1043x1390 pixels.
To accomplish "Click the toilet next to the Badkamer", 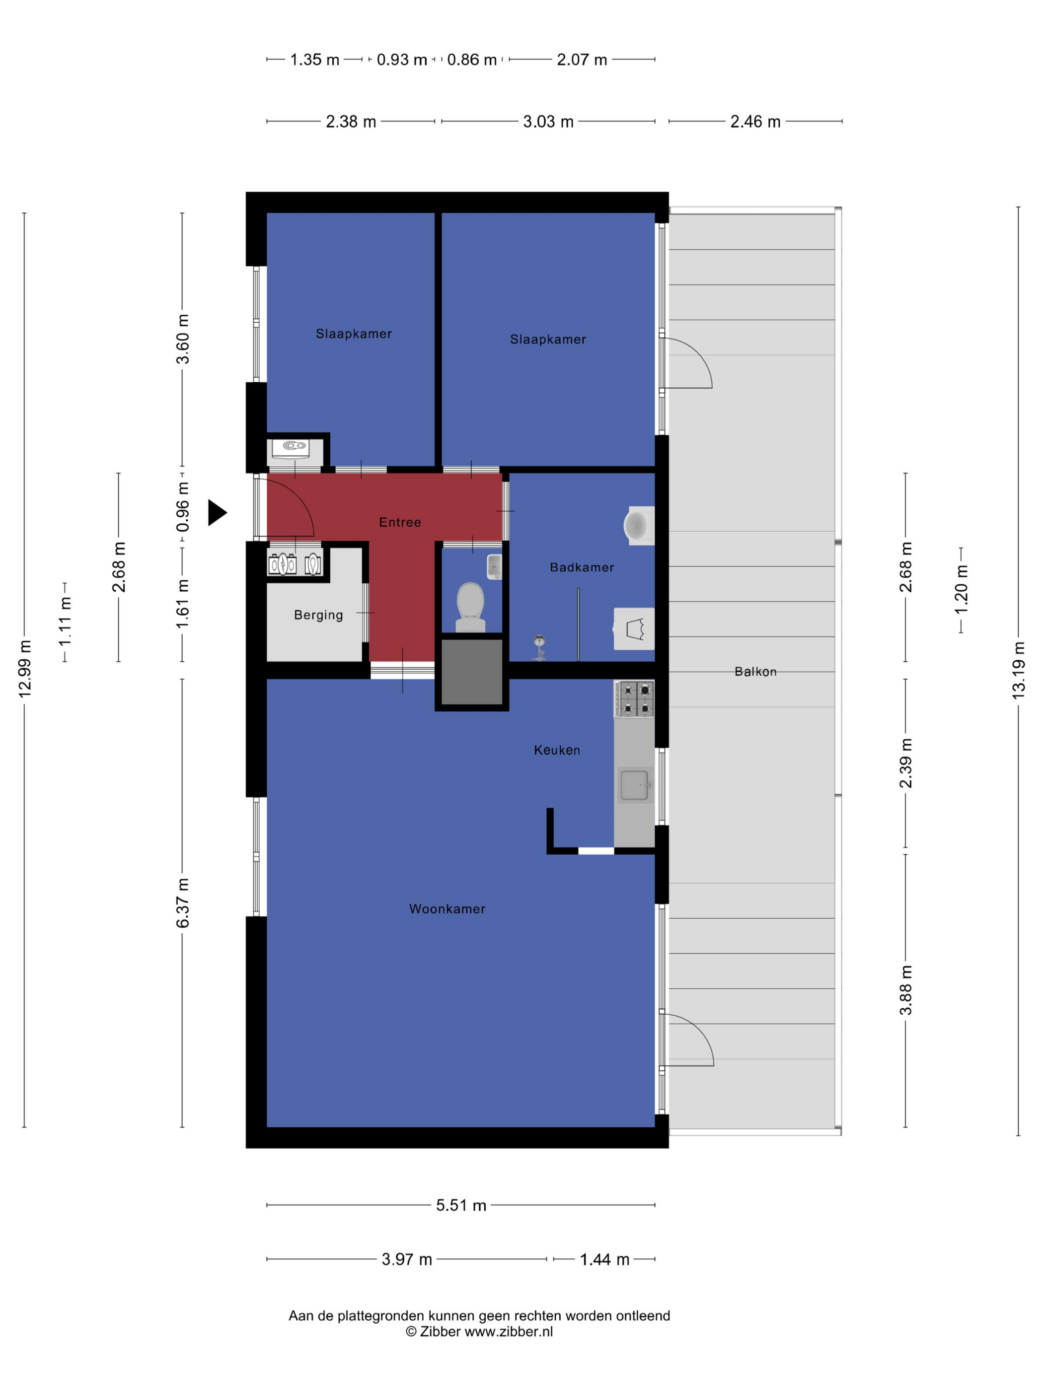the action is click(470, 607).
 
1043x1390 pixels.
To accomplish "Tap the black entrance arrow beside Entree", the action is click(217, 513).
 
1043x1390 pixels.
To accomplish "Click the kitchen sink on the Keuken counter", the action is click(635, 785).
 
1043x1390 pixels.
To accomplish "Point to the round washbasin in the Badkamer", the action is click(638, 525).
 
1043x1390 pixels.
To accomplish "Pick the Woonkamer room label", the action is click(447, 908).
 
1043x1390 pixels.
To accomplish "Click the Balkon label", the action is click(755, 672).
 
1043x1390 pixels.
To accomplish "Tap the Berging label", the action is click(319, 615).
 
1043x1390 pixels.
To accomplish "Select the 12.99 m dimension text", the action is click(24, 669).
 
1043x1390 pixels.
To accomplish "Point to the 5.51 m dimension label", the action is click(461, 1205).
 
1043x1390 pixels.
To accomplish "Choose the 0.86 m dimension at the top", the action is click(471, 60).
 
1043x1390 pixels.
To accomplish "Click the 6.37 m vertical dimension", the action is click(182, 903).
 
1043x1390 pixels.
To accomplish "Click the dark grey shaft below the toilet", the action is click(471, 672).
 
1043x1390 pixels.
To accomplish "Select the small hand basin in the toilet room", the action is click(494, 566).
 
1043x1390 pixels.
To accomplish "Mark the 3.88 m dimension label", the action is click(905, 990).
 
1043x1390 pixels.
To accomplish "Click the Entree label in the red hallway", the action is click(400, 522).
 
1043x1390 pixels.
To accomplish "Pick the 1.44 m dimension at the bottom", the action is click(604, 1259).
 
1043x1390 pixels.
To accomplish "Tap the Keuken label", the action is click(557, 750).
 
